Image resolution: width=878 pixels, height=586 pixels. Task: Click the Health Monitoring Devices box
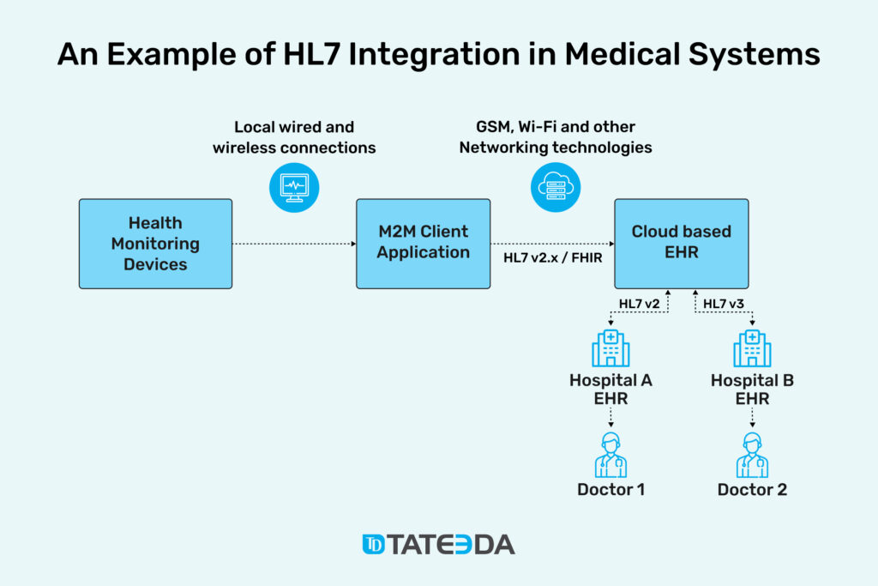point(156,244)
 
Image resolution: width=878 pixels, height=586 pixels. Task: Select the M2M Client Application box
point(424,244)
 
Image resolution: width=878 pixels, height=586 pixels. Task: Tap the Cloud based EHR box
point(682,244)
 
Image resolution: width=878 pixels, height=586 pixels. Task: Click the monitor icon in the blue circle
point(294,187)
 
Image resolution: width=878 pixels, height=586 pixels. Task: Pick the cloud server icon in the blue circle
point(556,187)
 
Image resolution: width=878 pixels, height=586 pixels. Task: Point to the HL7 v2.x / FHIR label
point(553,257)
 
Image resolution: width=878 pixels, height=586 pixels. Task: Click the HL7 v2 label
point(639,304)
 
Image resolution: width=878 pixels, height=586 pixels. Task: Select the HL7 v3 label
point(724,304)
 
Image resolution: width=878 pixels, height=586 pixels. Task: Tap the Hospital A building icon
point(610,347)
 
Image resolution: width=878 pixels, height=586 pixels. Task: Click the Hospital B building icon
point(752,347)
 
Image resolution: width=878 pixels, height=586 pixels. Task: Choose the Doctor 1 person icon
point(610,455)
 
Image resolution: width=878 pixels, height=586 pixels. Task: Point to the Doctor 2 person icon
point(752,455)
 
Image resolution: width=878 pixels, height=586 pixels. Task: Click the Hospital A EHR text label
point(610,390)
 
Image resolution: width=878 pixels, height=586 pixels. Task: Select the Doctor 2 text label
point(752,490)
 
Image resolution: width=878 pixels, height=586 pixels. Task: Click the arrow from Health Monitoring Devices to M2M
point(294,244)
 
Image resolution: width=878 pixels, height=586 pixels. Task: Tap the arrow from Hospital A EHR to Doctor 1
point(610,417)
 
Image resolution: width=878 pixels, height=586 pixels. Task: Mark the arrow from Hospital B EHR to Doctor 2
point(752,417)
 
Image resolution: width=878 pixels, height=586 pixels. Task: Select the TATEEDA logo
point(438,545)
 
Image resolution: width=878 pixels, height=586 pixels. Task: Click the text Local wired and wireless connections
point(294,137)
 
